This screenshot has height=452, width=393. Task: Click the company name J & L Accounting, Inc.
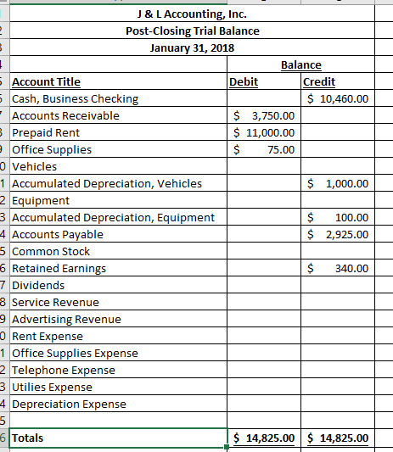[x=191, y=14]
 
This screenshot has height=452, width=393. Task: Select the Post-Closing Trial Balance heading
[x=191, y=31]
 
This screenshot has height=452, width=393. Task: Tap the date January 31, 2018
[x=191, y=47]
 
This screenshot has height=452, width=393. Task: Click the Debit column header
[x=244, y=82]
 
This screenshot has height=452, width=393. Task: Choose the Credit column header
[x=319, y=82]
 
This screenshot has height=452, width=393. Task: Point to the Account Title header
[x=47, y=82]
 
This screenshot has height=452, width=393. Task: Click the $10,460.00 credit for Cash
[x=338, y=99]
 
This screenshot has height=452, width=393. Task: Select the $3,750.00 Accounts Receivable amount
[x=264, y=116]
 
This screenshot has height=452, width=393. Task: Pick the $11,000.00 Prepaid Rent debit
[x=264, y=133]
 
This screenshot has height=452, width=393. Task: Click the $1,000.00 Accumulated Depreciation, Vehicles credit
[x=338, y=184]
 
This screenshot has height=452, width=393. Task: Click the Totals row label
[x=28, y=438]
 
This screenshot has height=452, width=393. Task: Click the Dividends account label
[x=38, y=286]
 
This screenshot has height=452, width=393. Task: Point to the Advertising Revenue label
[x=66, y=320]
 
